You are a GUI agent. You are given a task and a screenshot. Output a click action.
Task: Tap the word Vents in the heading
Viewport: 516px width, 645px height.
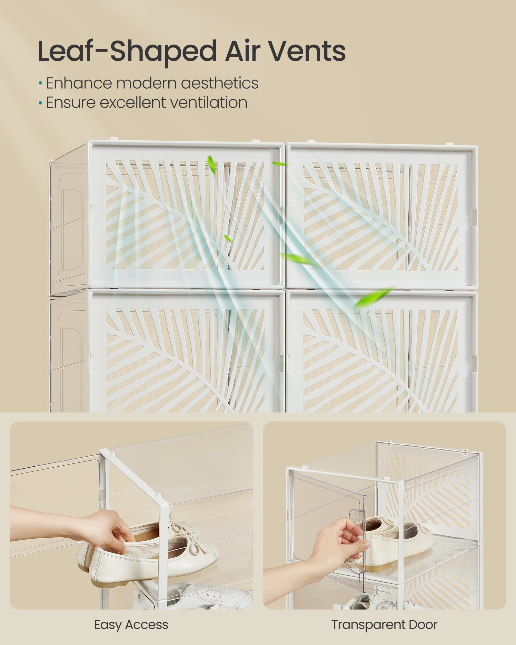click(307, 51)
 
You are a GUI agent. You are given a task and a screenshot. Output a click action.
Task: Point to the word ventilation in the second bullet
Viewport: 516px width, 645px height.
click(209, 103)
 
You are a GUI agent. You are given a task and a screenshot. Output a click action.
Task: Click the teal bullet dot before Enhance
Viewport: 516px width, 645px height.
click(40, 84)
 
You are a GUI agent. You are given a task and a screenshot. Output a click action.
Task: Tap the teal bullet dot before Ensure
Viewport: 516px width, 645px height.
click(40, 103)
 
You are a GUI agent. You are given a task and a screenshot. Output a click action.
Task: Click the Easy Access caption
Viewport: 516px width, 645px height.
click(131, 625)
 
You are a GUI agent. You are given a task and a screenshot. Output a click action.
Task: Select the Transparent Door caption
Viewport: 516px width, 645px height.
click(384, 624)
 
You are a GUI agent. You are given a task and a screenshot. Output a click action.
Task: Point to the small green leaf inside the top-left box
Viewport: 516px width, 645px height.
click(228, 238)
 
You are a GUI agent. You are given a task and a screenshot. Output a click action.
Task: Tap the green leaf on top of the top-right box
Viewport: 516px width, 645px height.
click(280, 164)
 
